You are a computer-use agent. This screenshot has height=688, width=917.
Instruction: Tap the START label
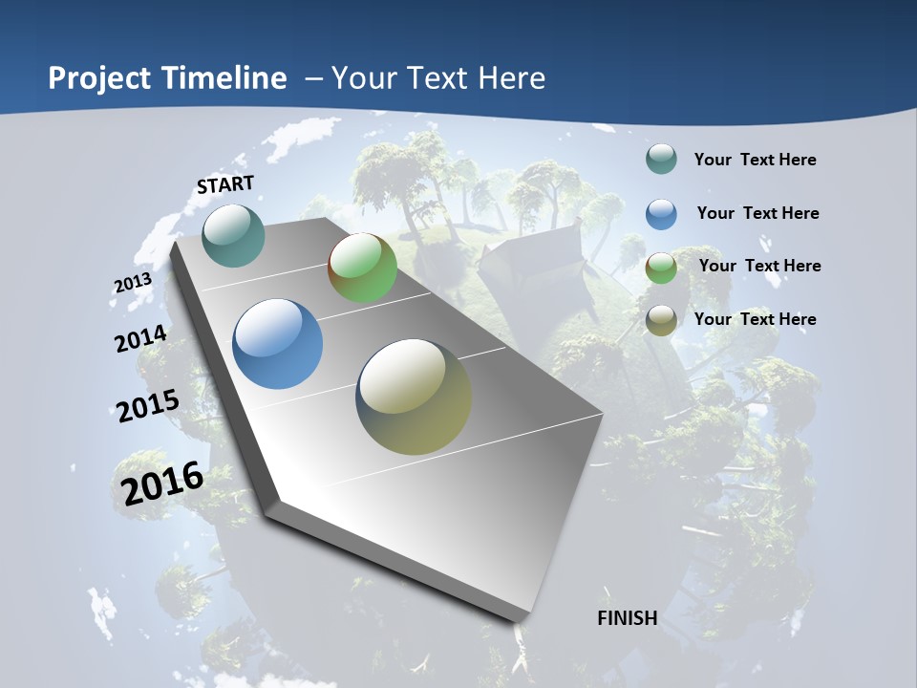(x=225, y=184)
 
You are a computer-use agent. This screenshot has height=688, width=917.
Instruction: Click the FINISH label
(x=628, y=618)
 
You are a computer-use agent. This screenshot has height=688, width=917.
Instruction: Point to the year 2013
(x=133, y=283)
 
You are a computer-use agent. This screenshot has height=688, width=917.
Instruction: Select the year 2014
(x=140, y=339)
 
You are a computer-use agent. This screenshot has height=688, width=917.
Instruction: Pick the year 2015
(x=147, y=406)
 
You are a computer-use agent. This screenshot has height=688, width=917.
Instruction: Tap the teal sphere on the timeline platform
(x=234, y=235)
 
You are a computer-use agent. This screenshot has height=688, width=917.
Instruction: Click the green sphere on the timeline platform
(x=363, y=268)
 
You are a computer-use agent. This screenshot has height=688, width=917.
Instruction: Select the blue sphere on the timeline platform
(x=278, y=344)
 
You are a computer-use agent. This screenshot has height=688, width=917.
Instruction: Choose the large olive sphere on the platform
(x=414, y=397)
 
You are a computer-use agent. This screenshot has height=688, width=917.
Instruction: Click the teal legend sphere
(x=661, y=160)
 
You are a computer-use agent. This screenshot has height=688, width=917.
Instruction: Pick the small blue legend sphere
(x=661, y=214)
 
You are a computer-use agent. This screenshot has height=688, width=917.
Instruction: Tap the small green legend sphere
(x=661, y=268)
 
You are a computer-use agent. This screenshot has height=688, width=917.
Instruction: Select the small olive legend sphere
(x=661, y=320)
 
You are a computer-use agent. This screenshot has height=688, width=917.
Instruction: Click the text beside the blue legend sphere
(x=757, y=213)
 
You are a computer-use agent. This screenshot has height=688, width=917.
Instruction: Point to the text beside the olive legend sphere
(x=755, y=319)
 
